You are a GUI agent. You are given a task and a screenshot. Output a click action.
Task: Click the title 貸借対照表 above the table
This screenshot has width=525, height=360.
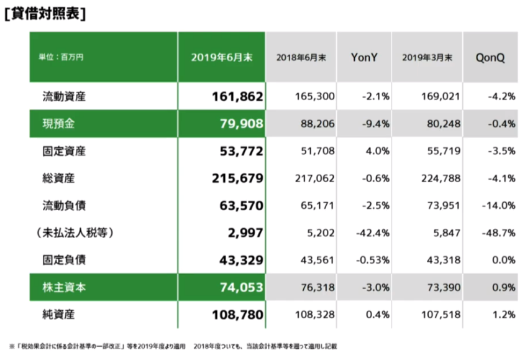(45, 13)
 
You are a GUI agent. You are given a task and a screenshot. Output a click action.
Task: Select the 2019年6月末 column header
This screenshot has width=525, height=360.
(221, 57)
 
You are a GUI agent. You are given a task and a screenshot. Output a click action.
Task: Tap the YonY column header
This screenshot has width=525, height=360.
(364, 57)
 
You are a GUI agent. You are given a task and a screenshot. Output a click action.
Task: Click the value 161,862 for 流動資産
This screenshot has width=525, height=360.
(238, 96)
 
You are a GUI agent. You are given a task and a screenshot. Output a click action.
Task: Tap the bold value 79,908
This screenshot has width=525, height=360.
(242, 124)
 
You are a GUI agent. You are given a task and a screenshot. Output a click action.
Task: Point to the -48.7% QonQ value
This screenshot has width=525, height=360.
(500, 233)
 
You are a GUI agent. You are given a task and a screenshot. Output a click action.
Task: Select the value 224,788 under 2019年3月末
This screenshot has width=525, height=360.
(440, 178)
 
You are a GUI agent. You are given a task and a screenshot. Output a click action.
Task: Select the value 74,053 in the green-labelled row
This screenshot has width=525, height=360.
(242, 287)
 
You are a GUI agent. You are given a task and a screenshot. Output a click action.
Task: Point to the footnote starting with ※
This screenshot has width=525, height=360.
(174, 346)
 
